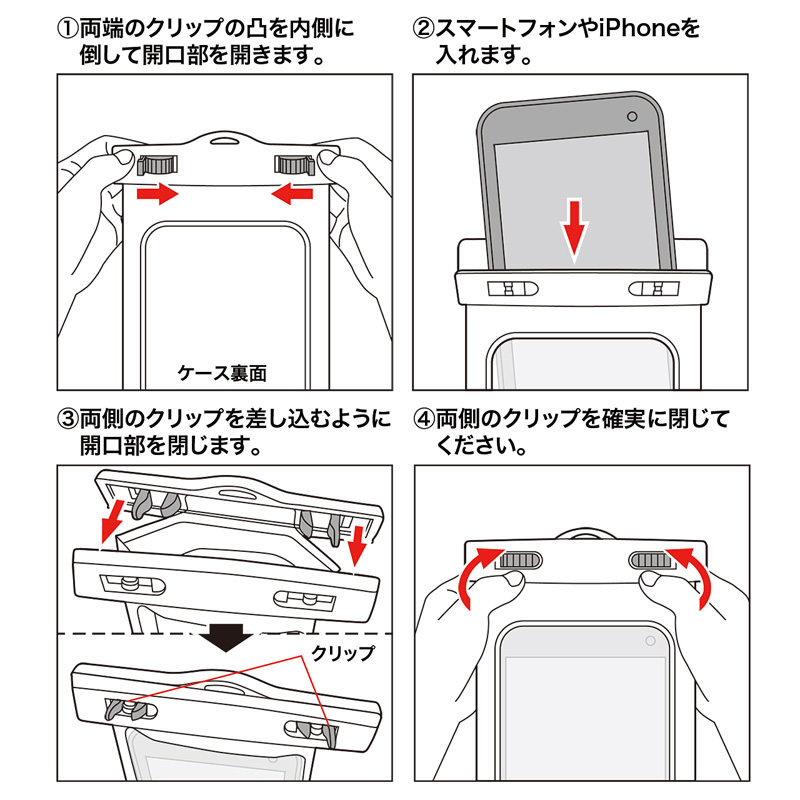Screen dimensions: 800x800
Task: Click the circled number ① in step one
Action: [x=68, y=27]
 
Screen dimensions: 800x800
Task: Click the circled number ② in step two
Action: [x=424, y=27]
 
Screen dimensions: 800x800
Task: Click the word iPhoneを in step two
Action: [x=649, y=27]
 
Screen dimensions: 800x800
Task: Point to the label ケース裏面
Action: [x=222, y=373]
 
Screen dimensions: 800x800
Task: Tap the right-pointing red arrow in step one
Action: [x=158, y=192]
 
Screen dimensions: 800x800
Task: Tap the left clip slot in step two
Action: [x=514, y=290]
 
